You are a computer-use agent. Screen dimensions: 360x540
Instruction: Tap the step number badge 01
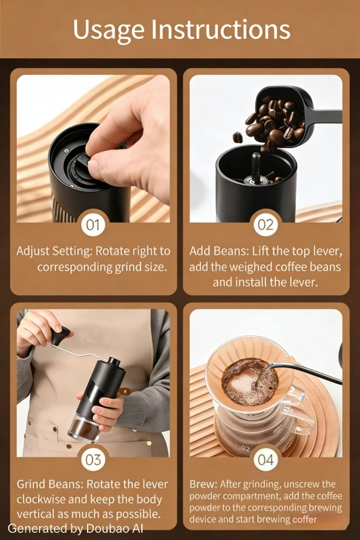click(x=93, y=225)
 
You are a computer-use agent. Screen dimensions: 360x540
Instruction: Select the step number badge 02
click(x=266, y=225)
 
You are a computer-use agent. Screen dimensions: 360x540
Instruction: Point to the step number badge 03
click(x=93, y=460)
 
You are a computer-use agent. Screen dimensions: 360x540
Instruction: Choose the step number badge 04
click(x=266, y=460)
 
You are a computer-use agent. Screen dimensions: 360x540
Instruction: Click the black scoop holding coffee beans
click(x=293, y=113)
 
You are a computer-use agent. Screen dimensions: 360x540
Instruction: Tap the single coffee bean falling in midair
click(x=237, y=137)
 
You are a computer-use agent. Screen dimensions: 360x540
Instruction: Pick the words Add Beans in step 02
click(x=218, y=251)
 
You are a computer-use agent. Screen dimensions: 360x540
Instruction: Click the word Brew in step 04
click(x=203, y=484)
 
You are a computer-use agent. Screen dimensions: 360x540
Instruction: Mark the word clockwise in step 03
click(x=41, y=499)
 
